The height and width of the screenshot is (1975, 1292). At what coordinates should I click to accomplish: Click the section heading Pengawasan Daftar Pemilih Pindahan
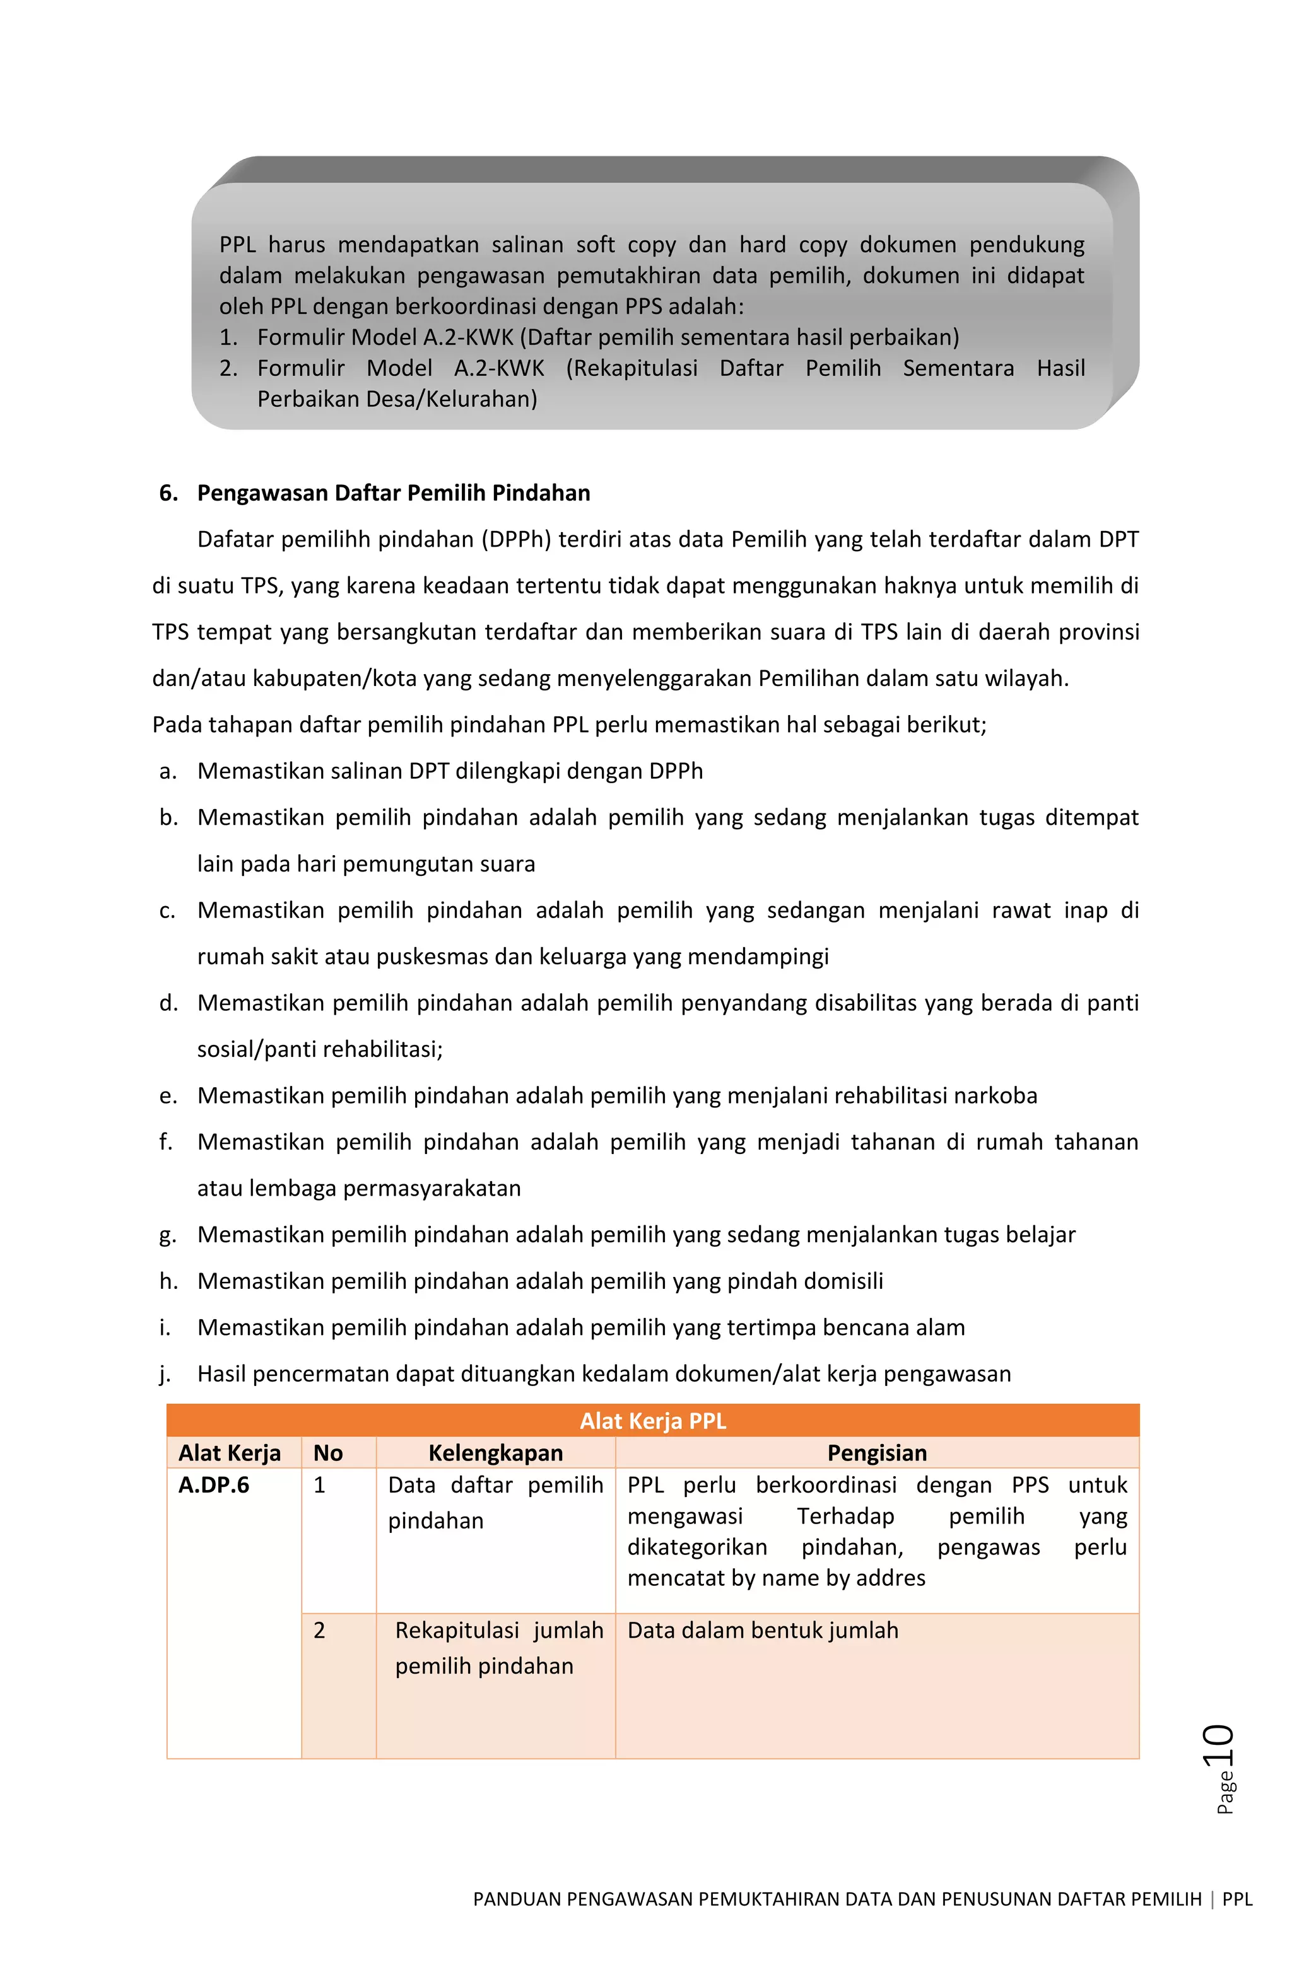[393, 493]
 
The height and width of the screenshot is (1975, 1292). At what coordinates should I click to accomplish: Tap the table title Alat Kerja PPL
[653, 1421]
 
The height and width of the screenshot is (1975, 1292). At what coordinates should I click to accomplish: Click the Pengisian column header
[876, 1452]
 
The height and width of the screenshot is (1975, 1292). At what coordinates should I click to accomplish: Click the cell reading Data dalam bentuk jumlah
[762, 1630]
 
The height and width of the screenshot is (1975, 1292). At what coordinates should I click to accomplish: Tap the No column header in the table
[328, 1452]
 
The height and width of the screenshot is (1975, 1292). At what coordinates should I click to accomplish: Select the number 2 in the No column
[319, 1630]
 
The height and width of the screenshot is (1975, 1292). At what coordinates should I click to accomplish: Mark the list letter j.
[165, 1374]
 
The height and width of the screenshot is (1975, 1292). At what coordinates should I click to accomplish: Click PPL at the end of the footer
[1236, 1899]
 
